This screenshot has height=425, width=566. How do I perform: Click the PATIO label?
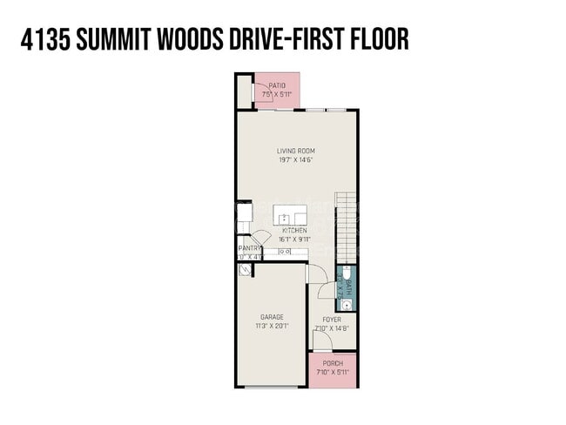(x=277, y=84)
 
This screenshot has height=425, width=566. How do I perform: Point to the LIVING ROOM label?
(x=295, y=151)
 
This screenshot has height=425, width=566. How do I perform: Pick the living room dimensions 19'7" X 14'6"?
(x=295, y=160)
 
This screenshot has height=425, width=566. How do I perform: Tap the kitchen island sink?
(x=285, y=217)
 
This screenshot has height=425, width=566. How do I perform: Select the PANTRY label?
(x=249, y=248)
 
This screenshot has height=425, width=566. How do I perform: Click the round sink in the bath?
(x=347, y=305)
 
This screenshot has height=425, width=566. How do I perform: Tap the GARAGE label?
(x=272, y=317)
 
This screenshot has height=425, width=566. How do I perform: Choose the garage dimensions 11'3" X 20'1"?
(x=272, y=326)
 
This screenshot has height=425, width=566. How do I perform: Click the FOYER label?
(x=332, y=320)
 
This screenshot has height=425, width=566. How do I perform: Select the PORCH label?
(x=332, y=363)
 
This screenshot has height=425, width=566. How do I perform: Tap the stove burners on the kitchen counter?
(x=284, y=252)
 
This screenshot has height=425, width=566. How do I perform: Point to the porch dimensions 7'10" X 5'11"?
(x=332, y=372)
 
